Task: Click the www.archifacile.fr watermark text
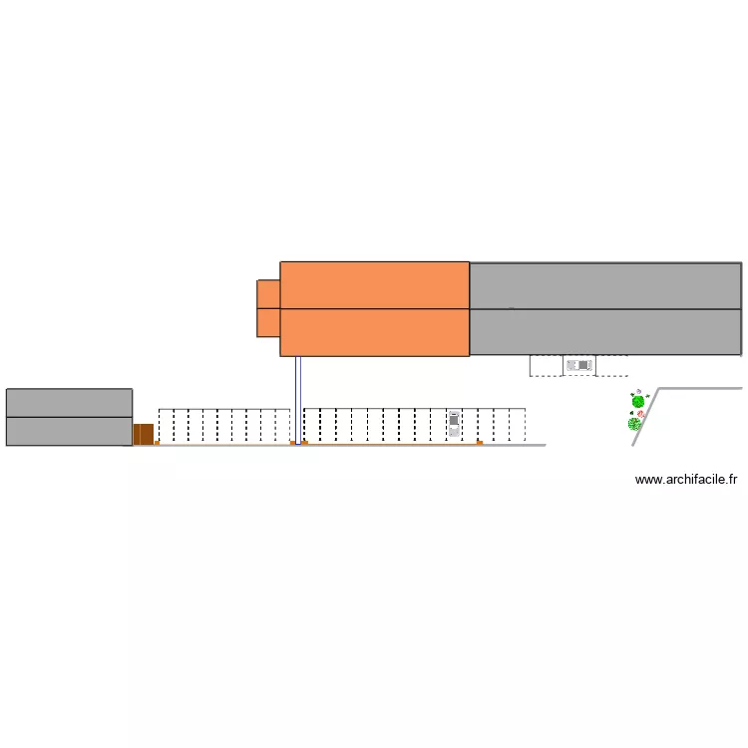(x=686, y=480)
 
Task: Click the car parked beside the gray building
(x=578, y=366)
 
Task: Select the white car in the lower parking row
(x=454, y=424)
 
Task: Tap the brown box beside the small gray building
(x=144, y=434)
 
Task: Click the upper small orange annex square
(x=268, y=294)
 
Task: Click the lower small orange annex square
(x=268, y=322)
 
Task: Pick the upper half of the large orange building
(x=374, y=285)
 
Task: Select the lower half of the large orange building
(x=374, y=332)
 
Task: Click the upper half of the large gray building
(x=604, y=285)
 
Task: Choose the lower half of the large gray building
(x=604, y=331)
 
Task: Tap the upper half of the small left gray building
(x=69, y=402)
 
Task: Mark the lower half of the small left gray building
(x=69, y=431)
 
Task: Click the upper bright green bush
(x=637, y=401)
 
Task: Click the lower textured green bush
(x=634, y=424)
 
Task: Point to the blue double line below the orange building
(x=296, y=399)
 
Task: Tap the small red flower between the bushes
(x=641, y=414)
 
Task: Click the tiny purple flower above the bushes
(x=638, y=391)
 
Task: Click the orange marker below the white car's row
(x=480, y=442)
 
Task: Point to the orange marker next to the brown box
(x=157, y=442)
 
